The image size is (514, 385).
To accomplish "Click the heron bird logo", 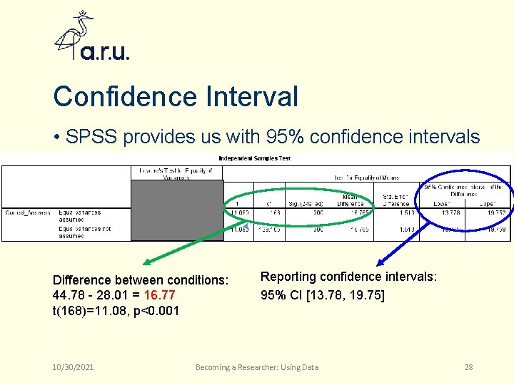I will [74, 36].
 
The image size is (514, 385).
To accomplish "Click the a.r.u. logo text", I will [104, 52].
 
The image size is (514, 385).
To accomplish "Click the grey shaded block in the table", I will [177, 210].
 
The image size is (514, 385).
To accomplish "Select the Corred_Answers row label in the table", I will [27, 212].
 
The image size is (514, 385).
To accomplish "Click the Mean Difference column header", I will [351, 199].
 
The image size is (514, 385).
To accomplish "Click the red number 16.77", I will [158, 295].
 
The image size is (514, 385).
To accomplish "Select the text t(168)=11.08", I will [85, 310].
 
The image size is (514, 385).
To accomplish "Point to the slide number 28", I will [468, 367].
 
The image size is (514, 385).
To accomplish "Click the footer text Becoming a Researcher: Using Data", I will [257, 367].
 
